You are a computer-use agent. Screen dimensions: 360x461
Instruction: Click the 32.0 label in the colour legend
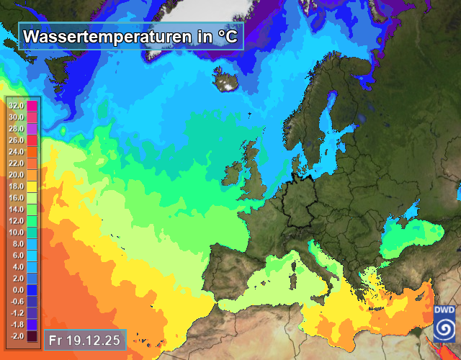click(17, 106)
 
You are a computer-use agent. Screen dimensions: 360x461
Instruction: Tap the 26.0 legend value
click(17, 140)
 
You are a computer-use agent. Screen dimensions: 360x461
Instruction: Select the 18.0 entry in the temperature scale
click(17, 186)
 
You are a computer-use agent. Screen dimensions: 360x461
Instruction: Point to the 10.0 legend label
click(17, 232)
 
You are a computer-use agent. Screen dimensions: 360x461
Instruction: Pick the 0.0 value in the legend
click(17, 289)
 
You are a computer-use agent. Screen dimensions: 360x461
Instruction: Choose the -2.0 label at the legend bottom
click(17, 336)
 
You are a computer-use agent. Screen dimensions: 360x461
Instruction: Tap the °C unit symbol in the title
click(228, 35)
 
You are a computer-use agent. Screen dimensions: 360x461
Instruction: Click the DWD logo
click(444, 322)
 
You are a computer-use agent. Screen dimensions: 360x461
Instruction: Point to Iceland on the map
click(228, 78)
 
